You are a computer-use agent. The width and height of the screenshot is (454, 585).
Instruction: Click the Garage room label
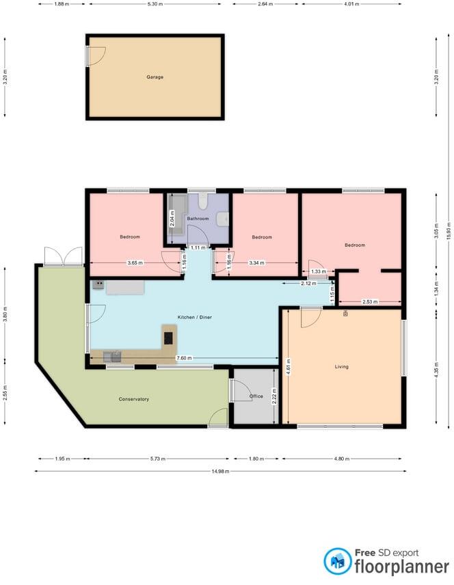[155, 77]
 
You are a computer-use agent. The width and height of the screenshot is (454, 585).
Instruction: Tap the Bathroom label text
[198, 218]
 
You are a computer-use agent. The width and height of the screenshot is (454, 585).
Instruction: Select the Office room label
[256, 396]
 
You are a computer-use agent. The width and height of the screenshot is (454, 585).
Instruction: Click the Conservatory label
[133, 399]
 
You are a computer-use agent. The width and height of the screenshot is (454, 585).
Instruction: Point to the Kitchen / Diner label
[193, 318]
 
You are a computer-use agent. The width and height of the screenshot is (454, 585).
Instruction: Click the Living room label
[341, 366]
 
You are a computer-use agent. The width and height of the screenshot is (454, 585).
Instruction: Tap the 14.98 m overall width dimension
[220, 471]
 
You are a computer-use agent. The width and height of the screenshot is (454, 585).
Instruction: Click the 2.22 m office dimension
[274, 396]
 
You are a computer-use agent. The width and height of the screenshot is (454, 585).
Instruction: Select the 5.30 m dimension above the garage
[155, 4]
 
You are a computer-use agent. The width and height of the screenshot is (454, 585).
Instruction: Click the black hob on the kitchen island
[168, 338]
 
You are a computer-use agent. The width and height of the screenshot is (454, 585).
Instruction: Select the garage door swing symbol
[96, 55]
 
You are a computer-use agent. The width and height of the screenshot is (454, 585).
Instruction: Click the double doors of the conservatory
[63, 257]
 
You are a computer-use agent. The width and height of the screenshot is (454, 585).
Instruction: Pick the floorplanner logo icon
[337, 561]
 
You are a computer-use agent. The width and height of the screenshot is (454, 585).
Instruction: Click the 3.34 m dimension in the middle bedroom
[256, 263]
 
